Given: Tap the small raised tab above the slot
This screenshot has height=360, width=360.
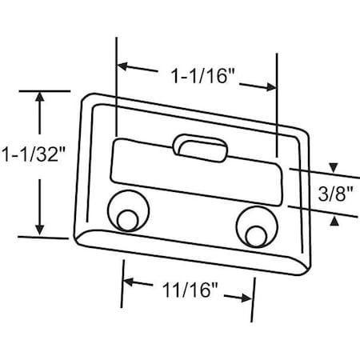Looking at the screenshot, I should coord(199,146).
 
